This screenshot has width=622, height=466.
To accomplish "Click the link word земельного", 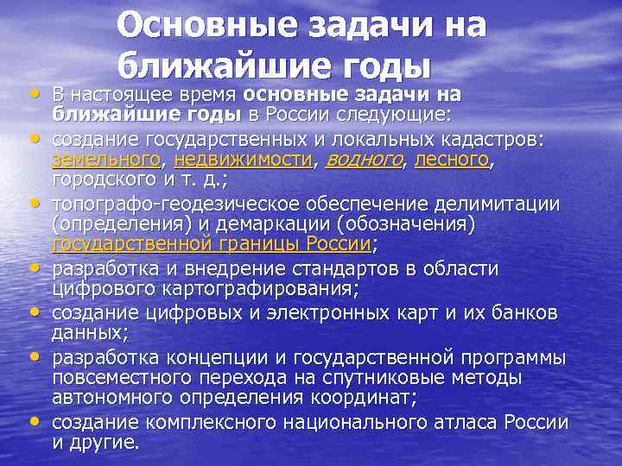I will [x=106, y=160].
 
